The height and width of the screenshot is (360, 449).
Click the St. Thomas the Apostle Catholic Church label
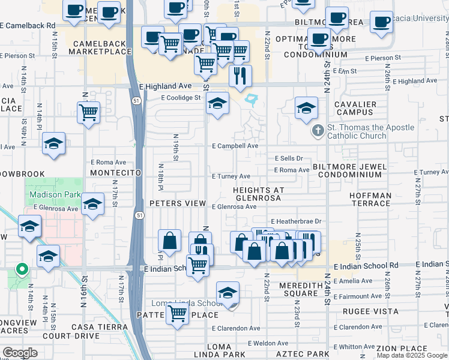(370, 131)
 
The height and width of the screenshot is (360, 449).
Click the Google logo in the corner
(20, 353)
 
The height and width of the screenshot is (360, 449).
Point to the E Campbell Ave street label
(235, 146)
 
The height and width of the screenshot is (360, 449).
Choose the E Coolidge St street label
(180, 98)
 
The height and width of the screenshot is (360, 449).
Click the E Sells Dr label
(289, 158)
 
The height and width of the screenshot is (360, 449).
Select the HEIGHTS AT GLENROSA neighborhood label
(258, 194)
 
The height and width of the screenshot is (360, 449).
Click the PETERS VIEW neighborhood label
(178, 203)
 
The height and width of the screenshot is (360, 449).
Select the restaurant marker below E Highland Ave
(240, 76)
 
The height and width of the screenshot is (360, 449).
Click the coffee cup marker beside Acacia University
(381, 23)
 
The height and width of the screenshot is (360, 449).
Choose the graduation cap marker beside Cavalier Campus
(306, 109)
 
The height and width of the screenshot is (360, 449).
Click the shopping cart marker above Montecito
(89, 112)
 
